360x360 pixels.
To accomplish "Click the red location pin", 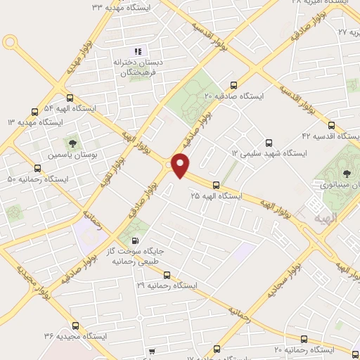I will click(181, 165).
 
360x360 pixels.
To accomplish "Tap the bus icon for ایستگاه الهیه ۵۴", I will click(69, 98).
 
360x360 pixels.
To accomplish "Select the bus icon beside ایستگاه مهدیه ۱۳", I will click(35, 112).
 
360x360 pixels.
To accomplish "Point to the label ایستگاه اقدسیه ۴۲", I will click(325, 135).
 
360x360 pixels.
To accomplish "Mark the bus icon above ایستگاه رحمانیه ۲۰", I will click(302, 338).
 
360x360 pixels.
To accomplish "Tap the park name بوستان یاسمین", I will click(75, 155).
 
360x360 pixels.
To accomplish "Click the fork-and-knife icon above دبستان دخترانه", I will click(138, 51).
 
